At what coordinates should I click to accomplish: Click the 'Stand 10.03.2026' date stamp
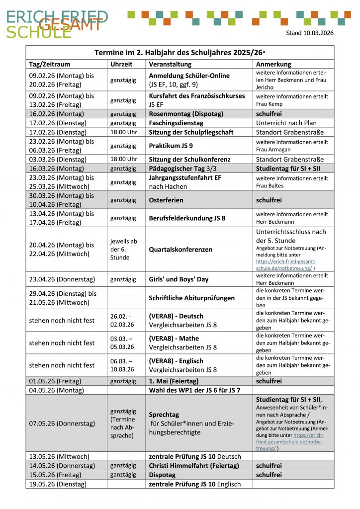310,33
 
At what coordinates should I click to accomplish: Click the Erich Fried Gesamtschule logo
57,23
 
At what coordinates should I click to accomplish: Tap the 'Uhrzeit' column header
121,64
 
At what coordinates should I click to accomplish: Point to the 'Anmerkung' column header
273,64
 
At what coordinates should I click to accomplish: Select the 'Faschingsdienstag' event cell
177,123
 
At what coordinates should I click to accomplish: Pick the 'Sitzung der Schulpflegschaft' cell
191,132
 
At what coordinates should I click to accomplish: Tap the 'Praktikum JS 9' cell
172,146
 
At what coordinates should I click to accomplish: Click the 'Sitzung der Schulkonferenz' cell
189,160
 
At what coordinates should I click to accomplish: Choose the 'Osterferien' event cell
166,200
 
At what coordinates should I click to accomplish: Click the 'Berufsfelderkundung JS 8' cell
187,218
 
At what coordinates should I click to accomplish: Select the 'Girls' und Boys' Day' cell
179,279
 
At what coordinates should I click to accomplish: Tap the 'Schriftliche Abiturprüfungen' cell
191,298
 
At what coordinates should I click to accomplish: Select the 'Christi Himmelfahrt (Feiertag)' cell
193,466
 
